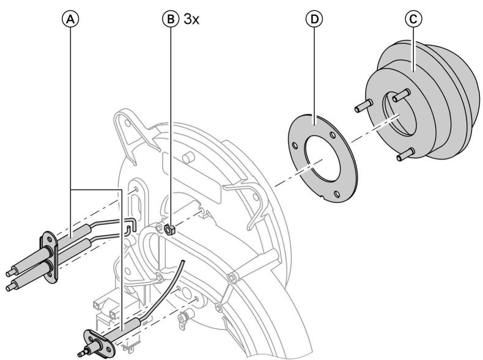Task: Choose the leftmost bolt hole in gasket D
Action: pos(294,147)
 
